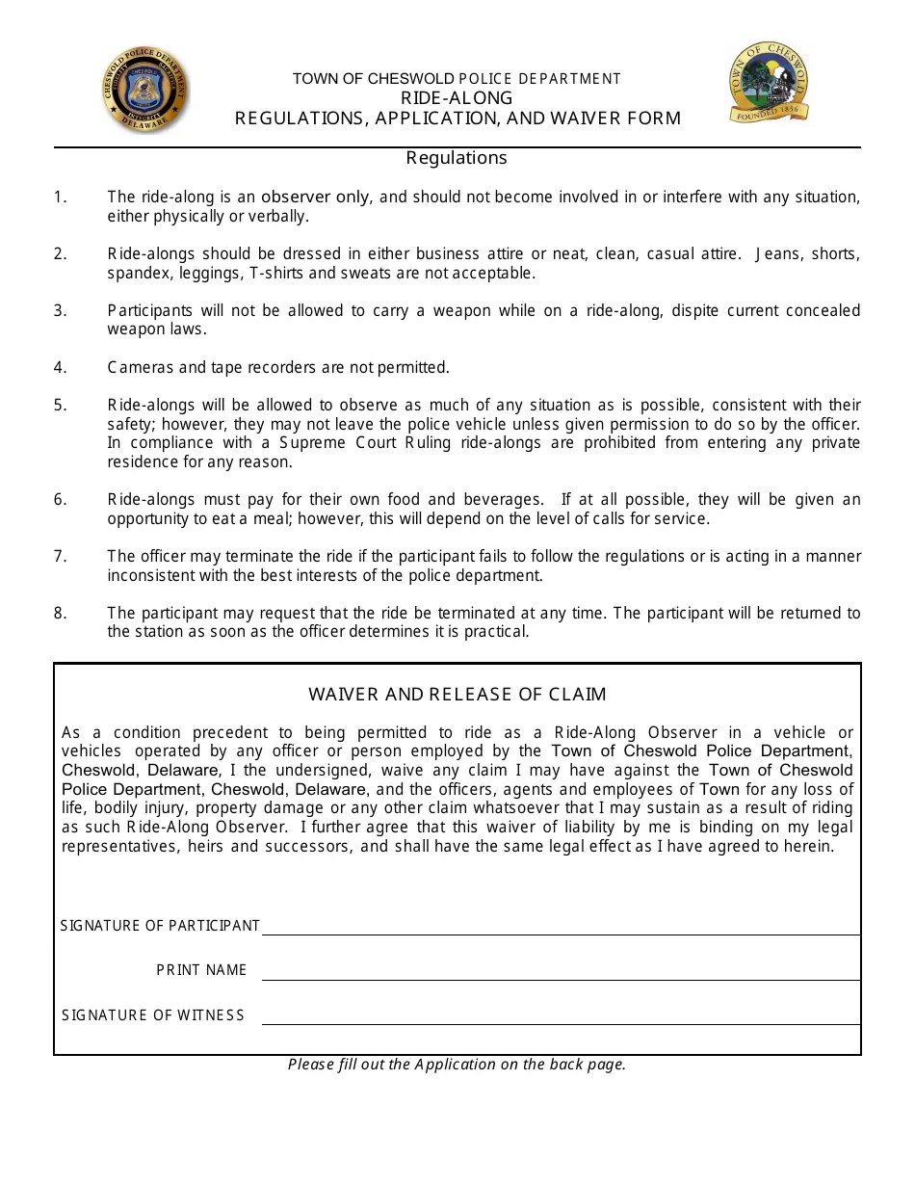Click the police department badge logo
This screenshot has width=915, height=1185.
145,92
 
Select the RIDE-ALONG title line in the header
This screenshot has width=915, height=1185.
457,98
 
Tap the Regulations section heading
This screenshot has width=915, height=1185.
457,157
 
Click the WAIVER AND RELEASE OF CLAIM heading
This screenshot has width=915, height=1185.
457,694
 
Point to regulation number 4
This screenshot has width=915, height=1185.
61,367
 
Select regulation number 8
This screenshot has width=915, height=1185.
61,613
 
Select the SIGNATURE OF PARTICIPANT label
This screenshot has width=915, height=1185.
160,926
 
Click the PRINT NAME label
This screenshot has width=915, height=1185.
202,970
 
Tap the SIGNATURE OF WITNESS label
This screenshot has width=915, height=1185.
153,1015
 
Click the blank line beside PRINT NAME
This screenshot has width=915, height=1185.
561,979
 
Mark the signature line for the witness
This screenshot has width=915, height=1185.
561,1023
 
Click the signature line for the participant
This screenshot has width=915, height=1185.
561,934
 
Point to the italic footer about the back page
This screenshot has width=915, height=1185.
457,1065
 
